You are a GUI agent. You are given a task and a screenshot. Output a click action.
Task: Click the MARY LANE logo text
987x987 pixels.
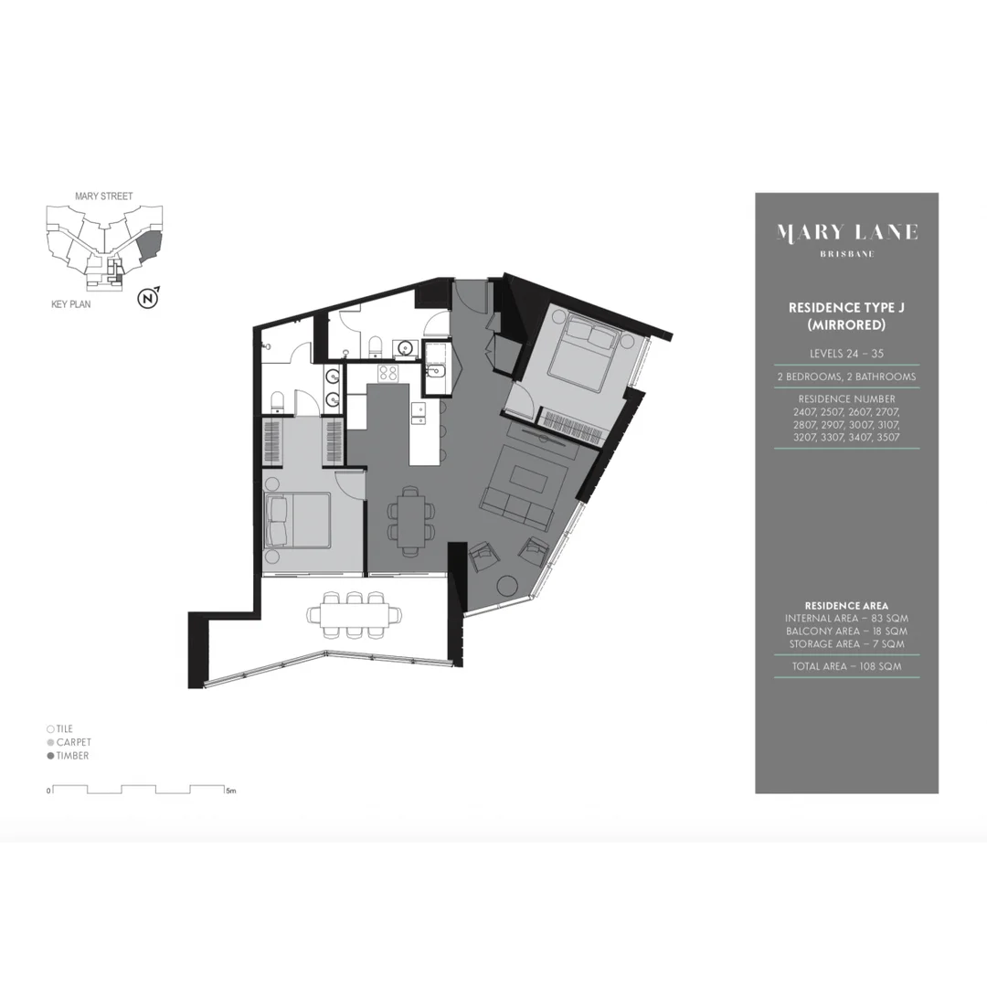tap(846, 232)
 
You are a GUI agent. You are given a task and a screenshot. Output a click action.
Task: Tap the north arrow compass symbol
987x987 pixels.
tap(147, 297)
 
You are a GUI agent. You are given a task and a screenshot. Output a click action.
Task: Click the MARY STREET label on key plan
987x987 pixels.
tap(103, 196)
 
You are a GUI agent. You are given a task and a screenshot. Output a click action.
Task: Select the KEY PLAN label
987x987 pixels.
tap(71, 304)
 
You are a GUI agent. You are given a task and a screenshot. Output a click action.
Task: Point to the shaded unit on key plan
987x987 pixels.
tap(148, 246)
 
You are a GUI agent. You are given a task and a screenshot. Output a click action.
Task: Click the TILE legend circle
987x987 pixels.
tap(50, 728)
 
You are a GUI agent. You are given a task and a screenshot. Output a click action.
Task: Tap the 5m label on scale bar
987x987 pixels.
tap(231, 791)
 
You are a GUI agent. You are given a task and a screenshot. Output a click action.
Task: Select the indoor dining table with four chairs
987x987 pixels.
tap(411, 519)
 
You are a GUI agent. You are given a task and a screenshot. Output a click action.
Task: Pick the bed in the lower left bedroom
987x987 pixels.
tap(297, 520)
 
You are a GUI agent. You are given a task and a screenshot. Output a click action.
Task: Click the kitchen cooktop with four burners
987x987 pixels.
tap(387, 373)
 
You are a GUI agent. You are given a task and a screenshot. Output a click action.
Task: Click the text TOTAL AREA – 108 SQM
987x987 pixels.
tap(846, 666)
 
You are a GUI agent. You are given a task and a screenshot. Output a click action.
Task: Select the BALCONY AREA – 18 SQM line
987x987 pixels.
tap(846, 631)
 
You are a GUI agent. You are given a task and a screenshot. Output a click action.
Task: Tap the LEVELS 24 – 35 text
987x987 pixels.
tap(846, 353)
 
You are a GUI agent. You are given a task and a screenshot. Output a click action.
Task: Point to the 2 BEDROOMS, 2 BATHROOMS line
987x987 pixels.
tap(846, 377)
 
